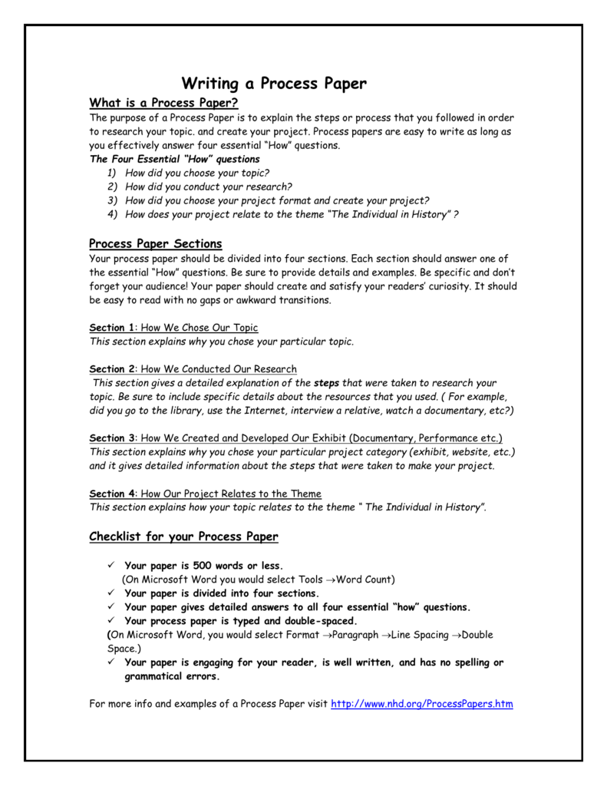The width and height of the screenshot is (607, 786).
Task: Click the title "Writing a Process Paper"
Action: [x=274, y=83]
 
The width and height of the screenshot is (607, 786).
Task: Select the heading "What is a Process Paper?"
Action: [x=164, y=103]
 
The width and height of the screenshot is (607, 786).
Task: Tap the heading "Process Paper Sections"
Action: [x=156, y=243]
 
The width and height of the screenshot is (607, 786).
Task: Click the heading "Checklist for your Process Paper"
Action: [x=183, y=536]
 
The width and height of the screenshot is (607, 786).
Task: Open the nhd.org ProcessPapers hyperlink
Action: [x=421, y=703]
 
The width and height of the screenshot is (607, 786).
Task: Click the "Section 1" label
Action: [x=112, y=327]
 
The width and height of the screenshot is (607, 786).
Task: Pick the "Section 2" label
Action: [x=112, y=369]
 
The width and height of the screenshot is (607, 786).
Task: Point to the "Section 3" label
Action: [x=112, y=438]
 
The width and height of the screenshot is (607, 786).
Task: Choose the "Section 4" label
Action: [x=112, y=494]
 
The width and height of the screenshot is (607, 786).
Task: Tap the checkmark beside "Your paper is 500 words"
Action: [x=111, y=566]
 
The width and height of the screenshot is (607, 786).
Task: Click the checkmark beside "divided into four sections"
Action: [x=111, y=593]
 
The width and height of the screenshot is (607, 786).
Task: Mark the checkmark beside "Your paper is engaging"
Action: [x=111, y=662]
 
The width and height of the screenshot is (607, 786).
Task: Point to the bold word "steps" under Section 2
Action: [x=327, y=382]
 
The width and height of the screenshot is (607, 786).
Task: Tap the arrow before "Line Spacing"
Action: [x=386, y=635]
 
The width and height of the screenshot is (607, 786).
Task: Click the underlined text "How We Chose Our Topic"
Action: [x=200, y=327]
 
